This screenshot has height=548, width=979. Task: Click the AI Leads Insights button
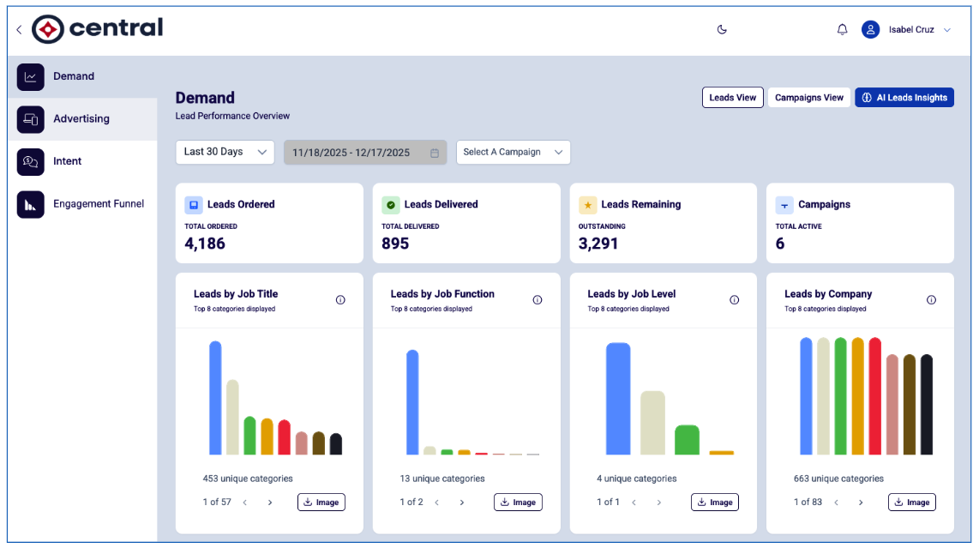pyautogui.click(x=904, y=98)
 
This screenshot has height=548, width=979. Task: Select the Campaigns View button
pyautogui.click(x=808, y=98)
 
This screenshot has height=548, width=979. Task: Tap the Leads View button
pyautogui.click(x=732, y=98)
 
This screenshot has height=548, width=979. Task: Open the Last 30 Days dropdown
pyautogui.click(x=225, y=152)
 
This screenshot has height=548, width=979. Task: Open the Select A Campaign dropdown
pyautogui.click(x=514, y=152)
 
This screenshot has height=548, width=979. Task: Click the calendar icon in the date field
pyautogui.click(x=435, y=153)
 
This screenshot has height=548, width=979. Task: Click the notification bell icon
pyautogui.click(x=842, y=29)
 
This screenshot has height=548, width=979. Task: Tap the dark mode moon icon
pyautogui.click(x=722, y=29)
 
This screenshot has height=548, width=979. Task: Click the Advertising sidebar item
pyautogui.click(x=82, y=118)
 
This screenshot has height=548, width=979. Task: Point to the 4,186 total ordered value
pyautogui.click(x=205, y=244)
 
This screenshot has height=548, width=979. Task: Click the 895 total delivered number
pyautogui.click(x=395, y=244)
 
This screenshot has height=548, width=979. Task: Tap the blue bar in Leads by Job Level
pyautogui.click(x=618, y=399)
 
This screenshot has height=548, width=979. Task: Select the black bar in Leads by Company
pyautogui.click(x=927, y=404)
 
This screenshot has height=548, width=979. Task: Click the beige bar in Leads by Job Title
pyautogui.click(x=232, y=417)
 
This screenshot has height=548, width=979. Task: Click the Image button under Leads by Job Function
pyautogui.click(x=519, y=503)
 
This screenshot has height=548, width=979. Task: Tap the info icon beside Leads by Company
pyautogui.click(x=931, y=300)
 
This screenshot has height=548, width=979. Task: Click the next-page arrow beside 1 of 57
pyautogui.click(x=270, y=503)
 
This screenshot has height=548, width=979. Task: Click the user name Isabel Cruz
pyautogui.click(x=911, y=29)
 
